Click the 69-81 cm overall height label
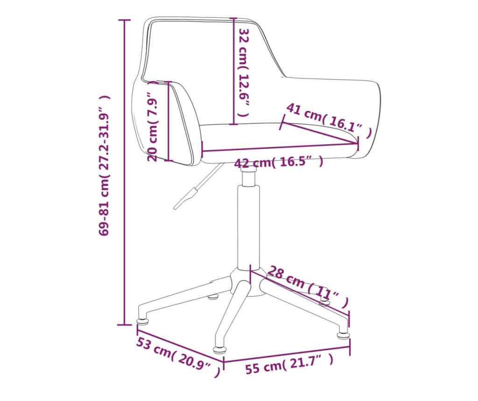[104, 166]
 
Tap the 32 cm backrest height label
[244, 72]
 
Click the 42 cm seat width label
[279, 162]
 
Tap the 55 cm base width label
[289, 364]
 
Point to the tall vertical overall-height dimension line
[124, 173]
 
